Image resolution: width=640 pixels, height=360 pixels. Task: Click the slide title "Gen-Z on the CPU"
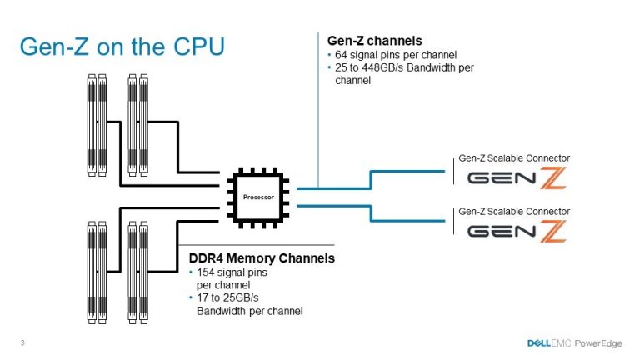click(122, 46)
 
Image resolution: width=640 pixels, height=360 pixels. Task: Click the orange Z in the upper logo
click(553, 177)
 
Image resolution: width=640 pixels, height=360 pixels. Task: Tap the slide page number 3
click(22, 342)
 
